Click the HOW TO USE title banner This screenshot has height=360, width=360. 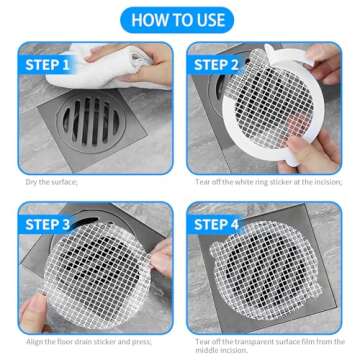[x=181, y=19]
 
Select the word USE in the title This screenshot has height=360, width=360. [x=211, y=19]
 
